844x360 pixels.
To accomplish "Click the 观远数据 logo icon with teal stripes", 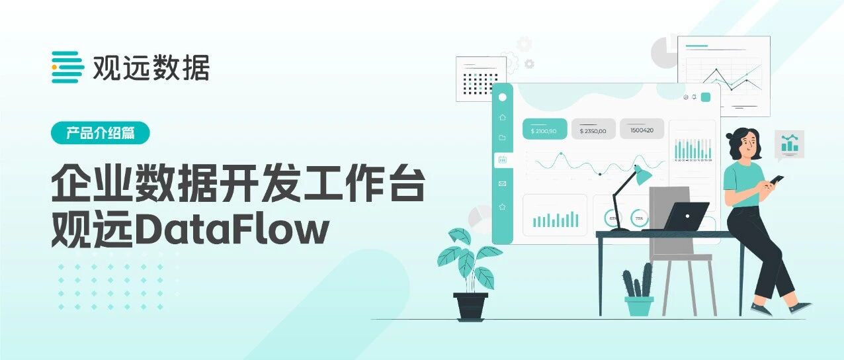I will [x=67, y=67].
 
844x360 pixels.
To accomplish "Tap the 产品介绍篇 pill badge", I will [x=101, y=132].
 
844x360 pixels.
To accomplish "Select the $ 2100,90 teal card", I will [x=544, y=130].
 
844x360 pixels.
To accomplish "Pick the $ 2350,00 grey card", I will [x=593, y=130].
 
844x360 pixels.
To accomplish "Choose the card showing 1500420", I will [x=642, y=130].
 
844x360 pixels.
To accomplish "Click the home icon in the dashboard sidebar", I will [x=503, y=117].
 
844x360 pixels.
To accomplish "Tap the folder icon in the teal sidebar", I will [x=503, y=138].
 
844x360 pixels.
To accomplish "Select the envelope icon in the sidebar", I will [x=503, y=183].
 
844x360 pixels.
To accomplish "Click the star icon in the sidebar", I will [x=503, y=206].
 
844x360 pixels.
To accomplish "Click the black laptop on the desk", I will [x=686, y=216].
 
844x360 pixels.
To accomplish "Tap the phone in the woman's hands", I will [x=777, y=179].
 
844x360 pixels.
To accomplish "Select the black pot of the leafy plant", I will [x=471, y=306].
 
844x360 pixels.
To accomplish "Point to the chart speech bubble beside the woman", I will [x=789, y=144].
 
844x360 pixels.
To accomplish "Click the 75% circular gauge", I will [x=639, y=218].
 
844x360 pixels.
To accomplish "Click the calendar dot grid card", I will [x=481, y=79].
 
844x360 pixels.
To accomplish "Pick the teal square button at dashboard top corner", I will [x=705, y=97].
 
